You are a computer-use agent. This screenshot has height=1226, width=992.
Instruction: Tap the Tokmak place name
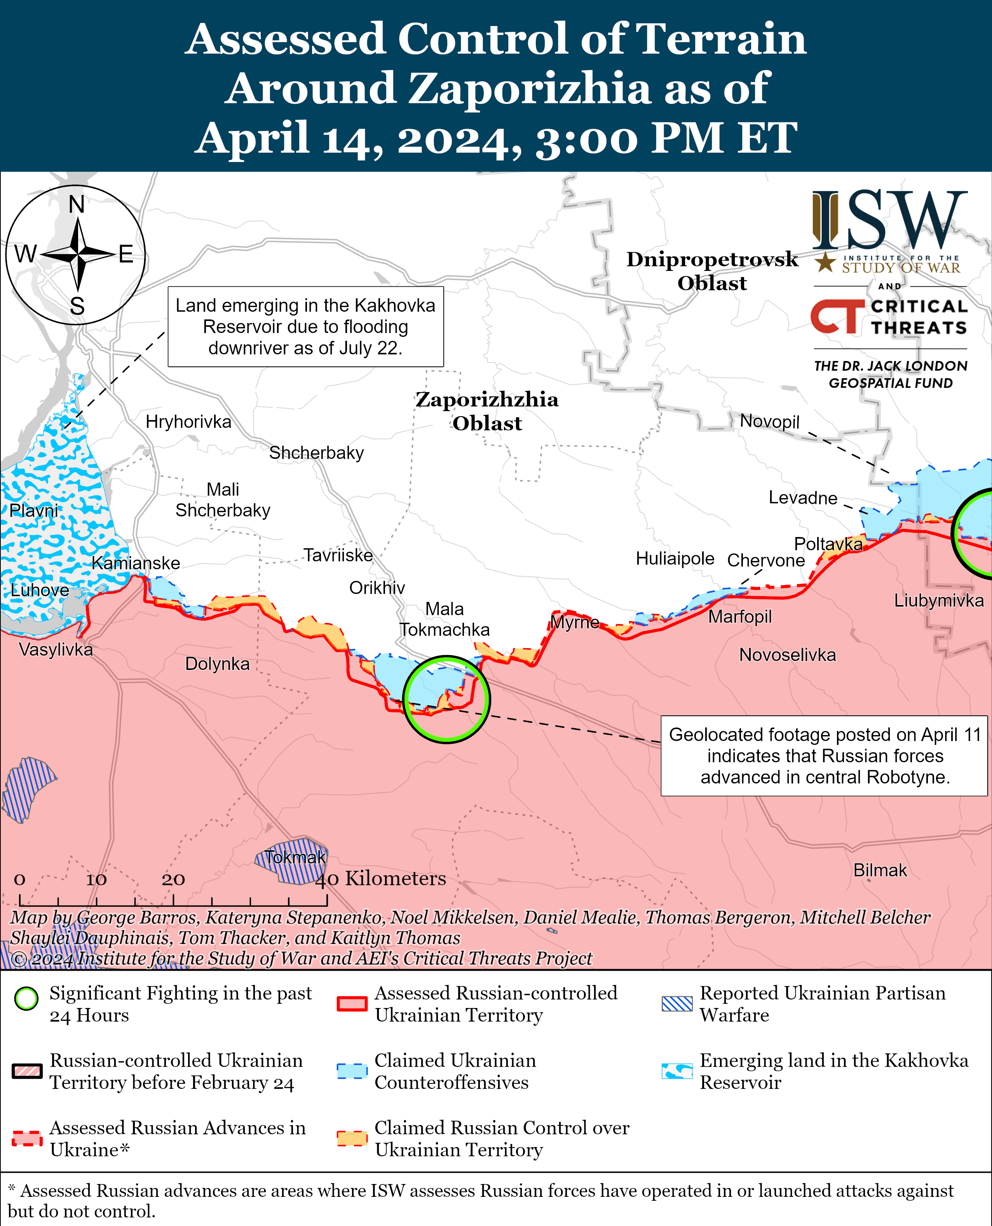295,857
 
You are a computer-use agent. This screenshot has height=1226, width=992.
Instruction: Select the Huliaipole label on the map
675,558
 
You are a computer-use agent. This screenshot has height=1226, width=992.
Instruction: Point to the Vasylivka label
56,650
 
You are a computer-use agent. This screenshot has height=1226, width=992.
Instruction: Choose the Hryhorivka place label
188,422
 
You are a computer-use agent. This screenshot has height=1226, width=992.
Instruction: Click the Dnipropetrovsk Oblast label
711,271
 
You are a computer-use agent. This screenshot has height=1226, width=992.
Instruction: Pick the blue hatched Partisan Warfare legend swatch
676,1004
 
